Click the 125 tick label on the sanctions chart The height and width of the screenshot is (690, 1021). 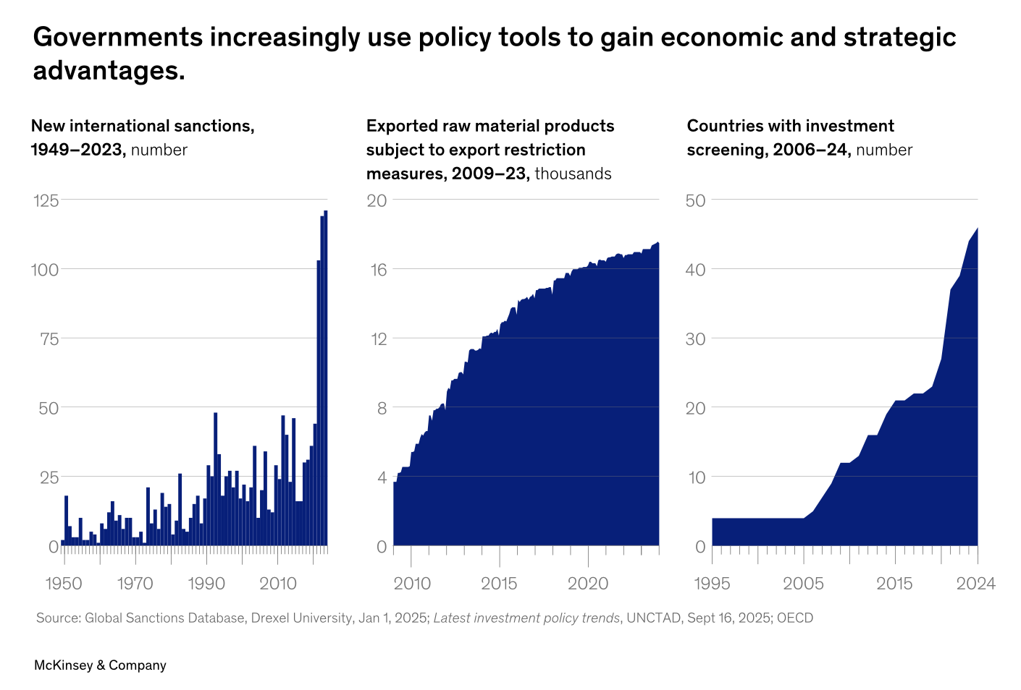(x=46, y=200)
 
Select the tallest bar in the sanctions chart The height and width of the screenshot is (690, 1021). (x=326, y=376)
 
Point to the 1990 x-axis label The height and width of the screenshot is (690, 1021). (x=206, y=584)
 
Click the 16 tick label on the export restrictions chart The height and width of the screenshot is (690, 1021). (x=379, y=270)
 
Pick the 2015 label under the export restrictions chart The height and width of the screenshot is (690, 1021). (x=499, y=584)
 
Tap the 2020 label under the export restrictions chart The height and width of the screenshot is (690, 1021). (x=588, y=584)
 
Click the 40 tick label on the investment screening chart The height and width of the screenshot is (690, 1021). (x=695, y=270)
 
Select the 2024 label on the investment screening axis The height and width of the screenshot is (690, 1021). (x=976, y=584)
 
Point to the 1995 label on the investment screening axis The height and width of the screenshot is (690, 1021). (x=712, y=584)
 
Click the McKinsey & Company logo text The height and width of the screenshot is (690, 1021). (x=100, y=665)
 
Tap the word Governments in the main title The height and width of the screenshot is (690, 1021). (x=117, y=38)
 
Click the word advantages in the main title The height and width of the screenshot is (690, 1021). (x=109, y=71)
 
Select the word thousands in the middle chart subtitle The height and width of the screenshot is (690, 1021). (x=573, y=174)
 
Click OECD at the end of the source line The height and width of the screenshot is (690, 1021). (x=795, y=618)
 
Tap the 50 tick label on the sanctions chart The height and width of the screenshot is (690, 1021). (x=49, y=408)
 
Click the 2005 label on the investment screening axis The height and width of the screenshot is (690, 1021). (x=803, y=584)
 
